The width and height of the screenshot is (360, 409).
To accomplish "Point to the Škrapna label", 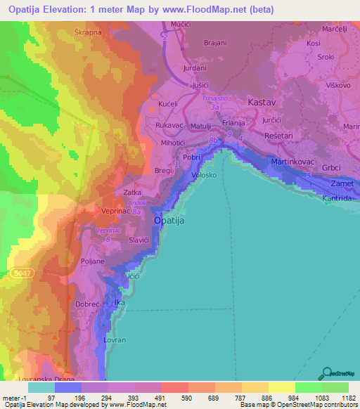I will click(88, 32).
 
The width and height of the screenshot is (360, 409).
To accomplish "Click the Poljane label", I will click(92, 261).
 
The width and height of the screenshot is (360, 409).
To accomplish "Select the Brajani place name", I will click(214, 43).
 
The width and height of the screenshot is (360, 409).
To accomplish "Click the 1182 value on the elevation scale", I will click(347, 398).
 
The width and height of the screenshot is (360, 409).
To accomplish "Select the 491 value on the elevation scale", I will click(160, 398).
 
